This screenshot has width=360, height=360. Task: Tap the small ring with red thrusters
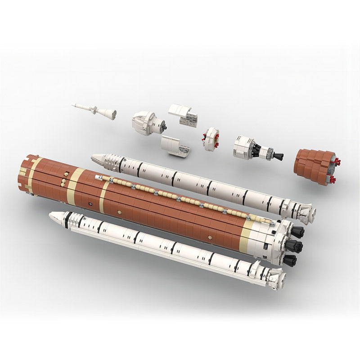pyautogui.click(x=210, y=139)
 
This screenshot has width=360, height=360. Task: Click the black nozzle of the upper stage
pyautogui.click(x=278, y=157)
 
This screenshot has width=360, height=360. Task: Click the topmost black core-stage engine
pyautogui.click(x=297, y=232)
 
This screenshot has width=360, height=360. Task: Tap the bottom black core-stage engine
pyautogui.click(x=290, y=260)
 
